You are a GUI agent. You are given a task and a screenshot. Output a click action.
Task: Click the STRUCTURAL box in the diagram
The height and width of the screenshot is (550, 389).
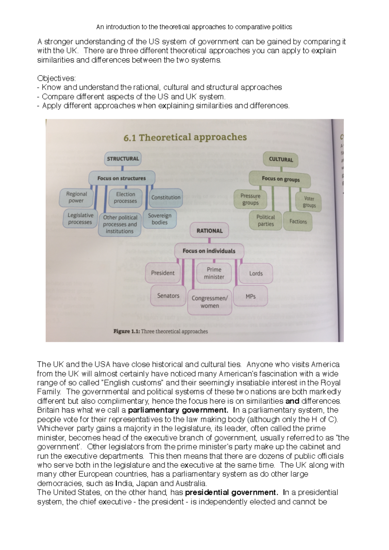click(x=123, y=159)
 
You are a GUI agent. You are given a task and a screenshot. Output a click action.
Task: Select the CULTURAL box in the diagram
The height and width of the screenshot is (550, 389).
click(x=281, y=159)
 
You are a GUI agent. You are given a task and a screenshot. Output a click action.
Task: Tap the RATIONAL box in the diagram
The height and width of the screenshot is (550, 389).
click(x=209, y=231)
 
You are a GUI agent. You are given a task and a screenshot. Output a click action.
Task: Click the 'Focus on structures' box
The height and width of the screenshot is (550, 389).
click(x=122, y=178)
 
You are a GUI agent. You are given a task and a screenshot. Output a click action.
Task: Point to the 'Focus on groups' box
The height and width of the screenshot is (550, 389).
click(x=280, y=179)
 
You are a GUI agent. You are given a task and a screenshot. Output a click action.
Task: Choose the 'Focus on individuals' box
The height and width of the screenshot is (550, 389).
click(x=209, y=251)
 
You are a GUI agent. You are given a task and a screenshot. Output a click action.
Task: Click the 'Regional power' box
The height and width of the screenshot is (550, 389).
click(x=76, y=197)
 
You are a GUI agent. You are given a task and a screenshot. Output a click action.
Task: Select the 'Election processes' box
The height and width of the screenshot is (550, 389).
click(x=125, y=198)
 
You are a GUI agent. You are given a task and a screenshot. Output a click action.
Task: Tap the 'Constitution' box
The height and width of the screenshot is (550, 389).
click(x=166, y=197)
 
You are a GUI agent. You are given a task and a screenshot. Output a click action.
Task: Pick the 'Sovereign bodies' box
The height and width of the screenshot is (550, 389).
click(x=159, y=219)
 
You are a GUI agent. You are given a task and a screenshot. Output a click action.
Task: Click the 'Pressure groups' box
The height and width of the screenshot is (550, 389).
click(x=250, y=199)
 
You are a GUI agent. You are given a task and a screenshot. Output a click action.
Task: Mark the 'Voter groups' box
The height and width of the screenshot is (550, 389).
click(x=309, y=202)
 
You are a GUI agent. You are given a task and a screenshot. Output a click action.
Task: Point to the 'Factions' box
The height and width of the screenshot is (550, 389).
click(x=298, y=222)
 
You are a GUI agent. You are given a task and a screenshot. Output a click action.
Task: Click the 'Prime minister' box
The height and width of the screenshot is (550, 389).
click(x=214, y=273)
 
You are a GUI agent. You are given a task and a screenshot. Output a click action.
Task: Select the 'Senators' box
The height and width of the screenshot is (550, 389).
click(x=168, y=295)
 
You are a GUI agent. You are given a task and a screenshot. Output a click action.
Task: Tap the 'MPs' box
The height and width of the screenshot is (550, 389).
click(x=251, y=296)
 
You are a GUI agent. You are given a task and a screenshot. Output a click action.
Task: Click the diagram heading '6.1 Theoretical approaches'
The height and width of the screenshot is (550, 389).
click(x=185, y=138)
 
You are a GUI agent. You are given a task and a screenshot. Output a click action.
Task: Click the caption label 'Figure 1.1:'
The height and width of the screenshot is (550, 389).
click(x=126, y=331)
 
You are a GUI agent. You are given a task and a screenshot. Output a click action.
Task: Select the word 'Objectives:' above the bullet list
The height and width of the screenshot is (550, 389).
click(x=56, y=78)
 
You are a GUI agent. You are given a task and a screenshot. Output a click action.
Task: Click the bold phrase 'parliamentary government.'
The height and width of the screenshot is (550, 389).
click(x=178, y=410)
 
